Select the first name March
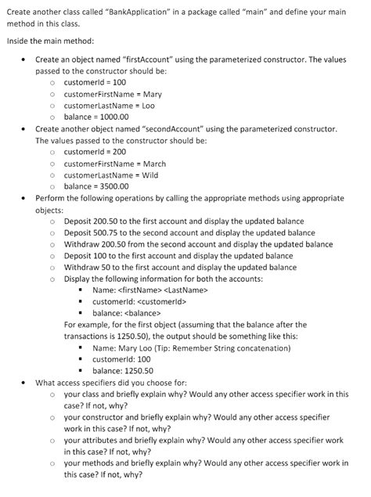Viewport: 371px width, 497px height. tap(154, 164)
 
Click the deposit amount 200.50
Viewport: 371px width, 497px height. tap(109, 221)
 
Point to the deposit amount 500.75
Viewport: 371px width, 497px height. tap(109, 232)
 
